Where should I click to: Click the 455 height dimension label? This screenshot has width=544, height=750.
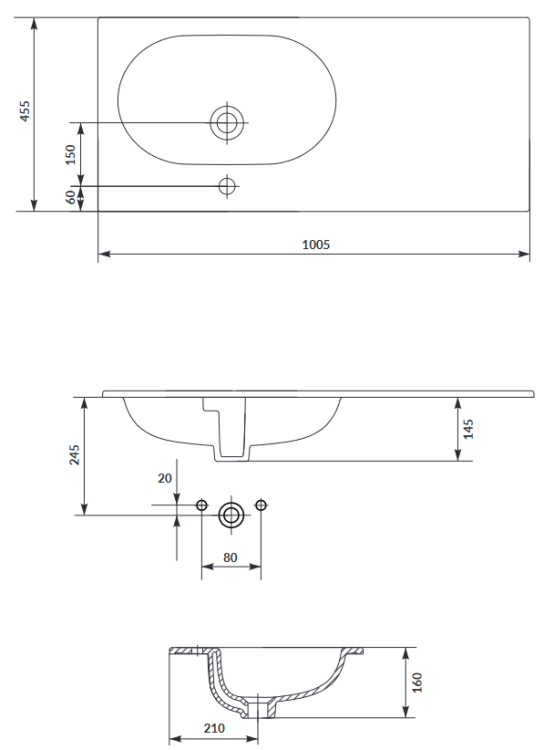pos(26,111)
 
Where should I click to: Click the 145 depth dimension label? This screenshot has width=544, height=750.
pos(469,429)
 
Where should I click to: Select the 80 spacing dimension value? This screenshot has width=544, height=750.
pos(232,556)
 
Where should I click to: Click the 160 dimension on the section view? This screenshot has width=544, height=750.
pos(417,682)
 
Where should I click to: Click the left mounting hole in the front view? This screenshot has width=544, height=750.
pos(203,506)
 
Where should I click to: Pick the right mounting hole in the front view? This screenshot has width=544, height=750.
pos(261,506)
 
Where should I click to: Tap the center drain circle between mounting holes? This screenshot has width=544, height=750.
pos(232,515)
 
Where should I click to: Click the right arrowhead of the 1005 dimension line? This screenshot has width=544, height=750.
pos(526,254)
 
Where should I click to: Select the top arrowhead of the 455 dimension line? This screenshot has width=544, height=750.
pos(35,21)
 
